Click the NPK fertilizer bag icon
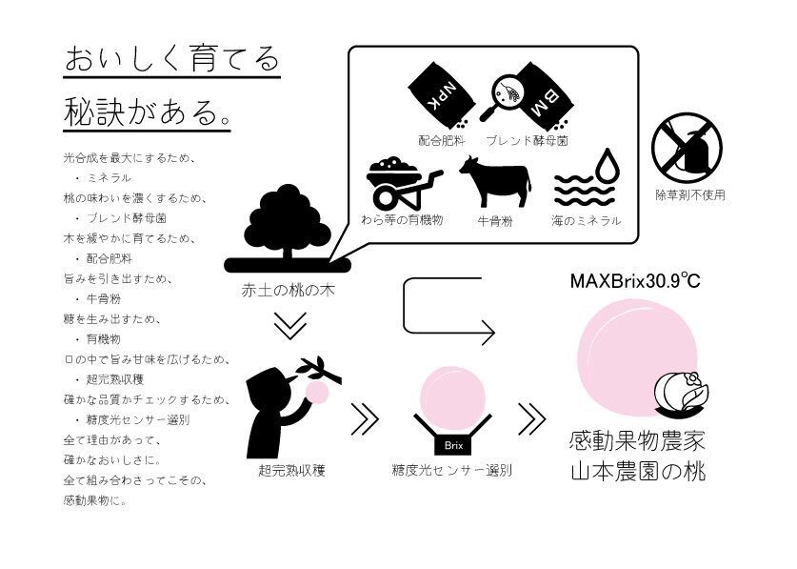442,95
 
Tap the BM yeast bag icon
544,95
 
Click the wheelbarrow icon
403,182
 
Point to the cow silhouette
494,182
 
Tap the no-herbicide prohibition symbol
687,148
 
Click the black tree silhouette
289,228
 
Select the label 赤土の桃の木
289,291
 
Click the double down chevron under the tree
289,326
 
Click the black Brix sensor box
453,445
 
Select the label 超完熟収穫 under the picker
291,470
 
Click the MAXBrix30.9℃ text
635,280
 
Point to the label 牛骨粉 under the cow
494,221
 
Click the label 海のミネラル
587,220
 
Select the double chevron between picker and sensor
365,419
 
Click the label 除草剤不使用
690,195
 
